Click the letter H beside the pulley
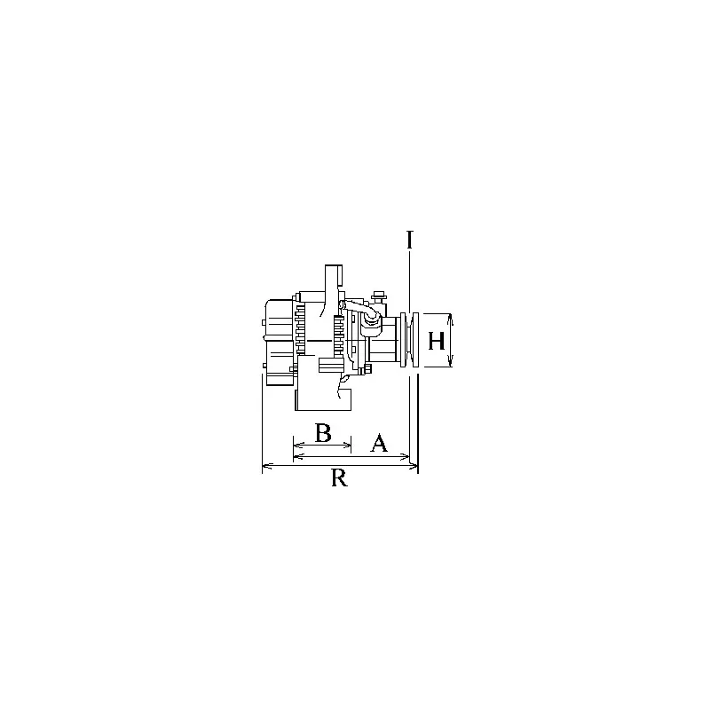point(437,341)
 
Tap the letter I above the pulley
point(410,240)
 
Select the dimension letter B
point(323,433)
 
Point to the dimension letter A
point(379,443)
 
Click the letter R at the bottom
point(340,477)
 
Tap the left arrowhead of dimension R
point(266,465)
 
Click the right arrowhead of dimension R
point(414,465)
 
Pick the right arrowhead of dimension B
point(347,446)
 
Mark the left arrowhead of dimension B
point(297,446)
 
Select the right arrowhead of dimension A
point(406,456)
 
